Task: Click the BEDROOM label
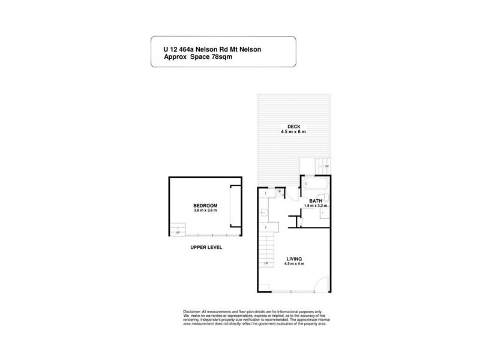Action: [x=205, y=205]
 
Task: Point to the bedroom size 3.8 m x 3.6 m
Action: [x=205, y=211]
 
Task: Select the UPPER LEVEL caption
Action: [x=206, y=247]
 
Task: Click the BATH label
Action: [x=315, y=201]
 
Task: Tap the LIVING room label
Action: [x=294, y=259]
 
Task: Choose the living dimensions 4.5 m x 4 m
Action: [x=294, y=264]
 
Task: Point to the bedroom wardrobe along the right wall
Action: [x=236, y=206]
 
